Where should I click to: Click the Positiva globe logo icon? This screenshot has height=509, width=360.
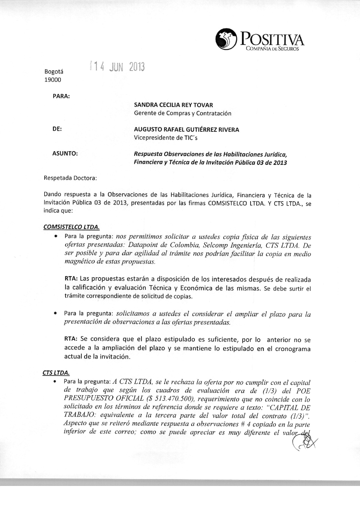[225, 40]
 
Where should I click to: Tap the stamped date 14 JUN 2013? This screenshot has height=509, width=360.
[117, 67]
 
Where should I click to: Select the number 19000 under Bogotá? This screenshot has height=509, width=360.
[53, 80]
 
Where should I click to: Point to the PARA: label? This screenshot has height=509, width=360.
[61, 96]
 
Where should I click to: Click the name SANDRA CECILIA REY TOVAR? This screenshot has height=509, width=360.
[173, 105]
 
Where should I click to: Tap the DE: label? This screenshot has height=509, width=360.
[57, 129]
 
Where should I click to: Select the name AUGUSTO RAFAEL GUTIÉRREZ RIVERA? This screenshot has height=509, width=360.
[186, 130]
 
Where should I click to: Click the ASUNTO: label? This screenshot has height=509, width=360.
[65, 153]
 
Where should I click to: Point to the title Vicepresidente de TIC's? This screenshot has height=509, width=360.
[166, 138]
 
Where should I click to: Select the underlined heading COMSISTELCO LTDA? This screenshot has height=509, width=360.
[71, 227]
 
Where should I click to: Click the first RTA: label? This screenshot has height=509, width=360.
[71, 279]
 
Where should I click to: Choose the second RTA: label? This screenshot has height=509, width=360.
[71, 339]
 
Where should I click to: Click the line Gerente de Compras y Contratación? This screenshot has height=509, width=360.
[183, 113]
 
